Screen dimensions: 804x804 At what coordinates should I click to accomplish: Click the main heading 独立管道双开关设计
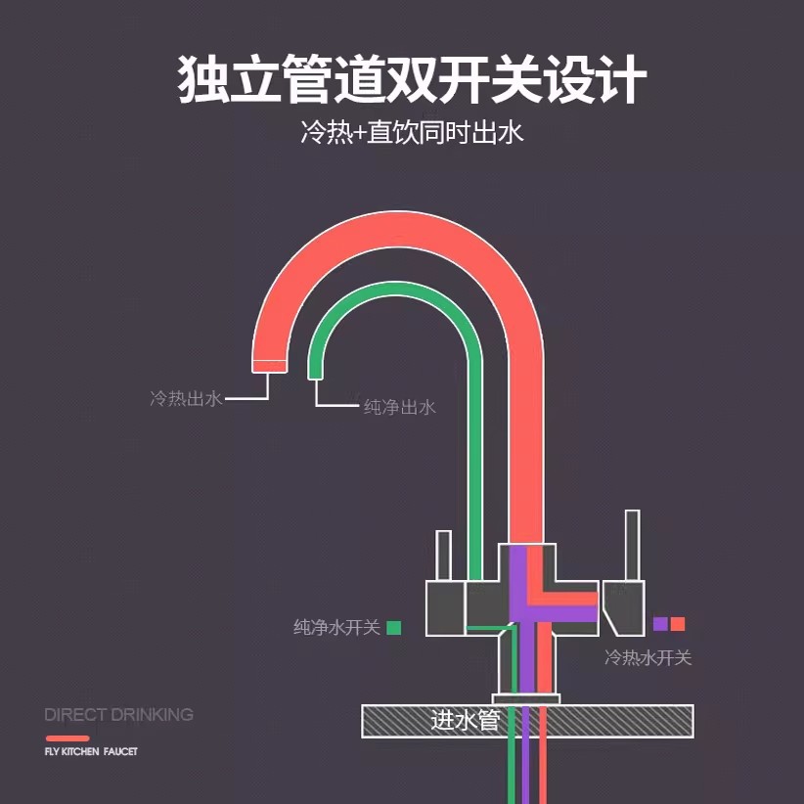click(x=411, y=79)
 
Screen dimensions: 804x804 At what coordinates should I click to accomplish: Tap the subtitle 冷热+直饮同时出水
click(x=412, y=132)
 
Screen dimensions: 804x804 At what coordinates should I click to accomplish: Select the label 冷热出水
click(x=186, y=398)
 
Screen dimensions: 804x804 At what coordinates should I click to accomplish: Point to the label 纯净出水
click(x=399, y=407)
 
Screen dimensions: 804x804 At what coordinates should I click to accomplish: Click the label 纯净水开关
click(x=336, y=627)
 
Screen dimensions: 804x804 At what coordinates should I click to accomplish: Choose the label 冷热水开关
click(x=648, y=657)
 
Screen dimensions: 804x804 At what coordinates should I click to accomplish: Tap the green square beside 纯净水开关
click(x=394, y=628)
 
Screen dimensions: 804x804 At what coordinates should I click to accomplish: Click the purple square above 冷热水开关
click(x=660, y=623)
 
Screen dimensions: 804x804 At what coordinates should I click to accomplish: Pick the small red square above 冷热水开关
click(x=678, y=623)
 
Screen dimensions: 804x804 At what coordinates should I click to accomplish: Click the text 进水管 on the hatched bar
click(x=465, y=721)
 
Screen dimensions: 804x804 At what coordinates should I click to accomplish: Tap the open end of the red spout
click(x=269, y=366)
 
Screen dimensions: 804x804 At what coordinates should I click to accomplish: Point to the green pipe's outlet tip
click(x=315, y=377)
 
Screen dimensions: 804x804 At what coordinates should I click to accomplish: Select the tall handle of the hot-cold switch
click(x=632, y=546)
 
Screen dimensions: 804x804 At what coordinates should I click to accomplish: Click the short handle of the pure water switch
click(x=443, y=556)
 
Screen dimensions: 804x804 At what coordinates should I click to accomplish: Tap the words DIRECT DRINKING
click(x=119, y=715)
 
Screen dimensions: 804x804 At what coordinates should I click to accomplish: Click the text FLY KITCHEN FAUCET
click(x=91, y=752)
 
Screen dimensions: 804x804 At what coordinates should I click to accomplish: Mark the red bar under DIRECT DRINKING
click(x=67, y=738)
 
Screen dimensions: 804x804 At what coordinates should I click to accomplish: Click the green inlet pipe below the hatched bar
click(x=512, y=771)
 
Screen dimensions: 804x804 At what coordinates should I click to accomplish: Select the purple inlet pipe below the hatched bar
click(x=524, y=771)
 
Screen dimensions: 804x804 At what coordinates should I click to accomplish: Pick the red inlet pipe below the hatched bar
click(x=543, y=771)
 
